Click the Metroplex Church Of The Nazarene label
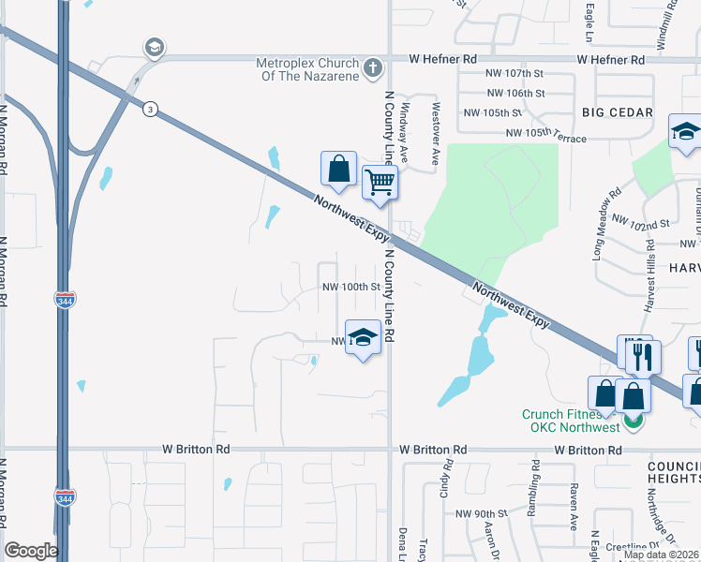[x=307, y=69]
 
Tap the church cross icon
[x=373, y=67]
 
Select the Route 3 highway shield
[x=149, y=110]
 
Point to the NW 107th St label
[x=515, y=73]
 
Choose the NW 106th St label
[x=515, y=93]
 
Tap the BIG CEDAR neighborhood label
[x=617, y=112]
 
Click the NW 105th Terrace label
[x=545, y=135]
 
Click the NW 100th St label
[x=350, y=287]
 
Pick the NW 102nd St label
[x=641, y=223]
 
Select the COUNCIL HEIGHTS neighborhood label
[x=673, y=471]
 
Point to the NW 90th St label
[x=481, y=514]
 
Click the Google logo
[x=31, y=551]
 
